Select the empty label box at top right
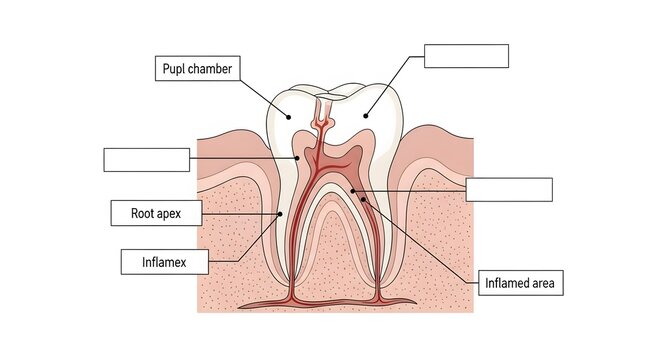(x=466, y=56)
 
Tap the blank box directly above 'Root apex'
(x=146, y=160)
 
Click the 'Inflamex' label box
(x=164, y=262)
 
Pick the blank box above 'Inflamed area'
(x=509, y=190)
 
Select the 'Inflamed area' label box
(x=523, y=282)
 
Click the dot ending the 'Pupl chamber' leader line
(x=289, y=116)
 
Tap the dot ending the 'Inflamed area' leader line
(x=364, y=200)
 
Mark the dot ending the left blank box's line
(x=298, y=158)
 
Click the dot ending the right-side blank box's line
(x=352, y=188)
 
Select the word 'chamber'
(x=212, y=69)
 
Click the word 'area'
(x=547, y=282)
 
